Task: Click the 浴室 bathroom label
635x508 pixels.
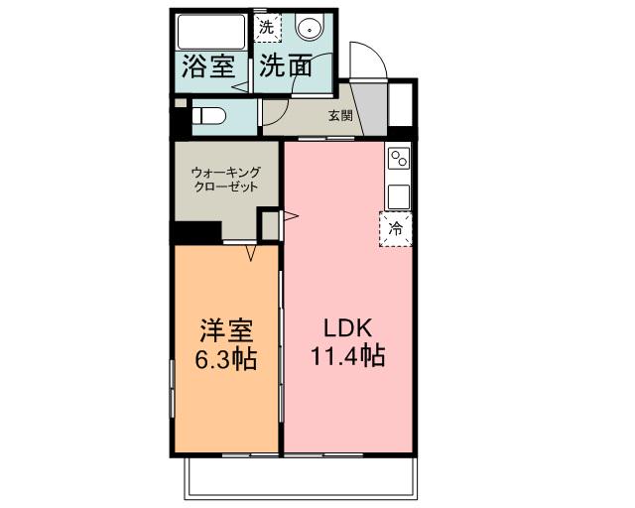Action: click(x=209, y=67)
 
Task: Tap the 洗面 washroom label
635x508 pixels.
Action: click(x=286, y=67)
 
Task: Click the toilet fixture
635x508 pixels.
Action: click(x=208, y=116)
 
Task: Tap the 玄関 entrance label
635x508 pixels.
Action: click(x=340, y=115)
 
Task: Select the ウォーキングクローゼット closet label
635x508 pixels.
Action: click(x=226, y=179)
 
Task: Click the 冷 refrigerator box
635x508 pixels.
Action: click(x=396, y=229)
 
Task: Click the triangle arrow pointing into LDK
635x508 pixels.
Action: click(x=292, y=214)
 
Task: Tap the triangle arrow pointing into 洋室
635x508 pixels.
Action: click(x=252, y=253)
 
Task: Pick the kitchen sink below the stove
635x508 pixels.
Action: click(x=399, y=194)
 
